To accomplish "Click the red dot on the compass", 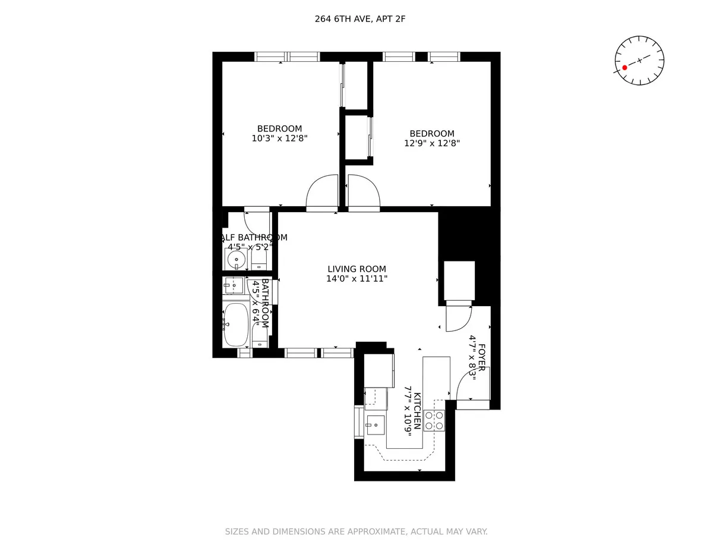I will pyautogui.click(x=624, y=68).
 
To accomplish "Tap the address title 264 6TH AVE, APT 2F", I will pyautogui.click(x=360, y=19).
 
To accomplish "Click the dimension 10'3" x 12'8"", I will pyautogui.click(x=279, y=138).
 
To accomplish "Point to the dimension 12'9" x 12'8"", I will pyautogui.click(x=432, y=143).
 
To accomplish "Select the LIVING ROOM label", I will pyautogui.click(x=356, y=269).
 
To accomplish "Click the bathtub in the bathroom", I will pyautogui.click(x=236, y=324).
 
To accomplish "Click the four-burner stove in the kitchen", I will pyautogui.click(x=435, y=420).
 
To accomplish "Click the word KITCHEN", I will pyautogui.click(x=418, y=411).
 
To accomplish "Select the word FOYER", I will pyautogui.click(x=481, y=357).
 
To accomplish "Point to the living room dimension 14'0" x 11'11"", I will pyautogui.click(x=356, y=278).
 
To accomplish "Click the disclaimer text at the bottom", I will pyautogui.click(x=356, y=531).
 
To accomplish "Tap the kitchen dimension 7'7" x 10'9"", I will pyautogui.click(x=408, y=411).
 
